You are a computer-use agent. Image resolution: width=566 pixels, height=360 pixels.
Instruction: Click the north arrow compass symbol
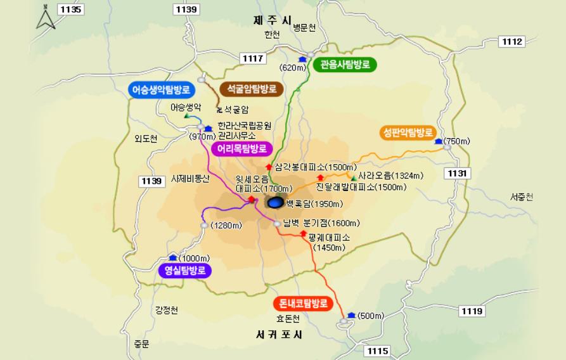click(x=46, y=17)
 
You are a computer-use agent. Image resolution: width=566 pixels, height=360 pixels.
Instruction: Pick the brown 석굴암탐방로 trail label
click(x=252, y=89)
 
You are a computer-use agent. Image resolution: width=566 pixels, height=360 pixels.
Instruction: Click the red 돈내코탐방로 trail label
click(x=304, y=303)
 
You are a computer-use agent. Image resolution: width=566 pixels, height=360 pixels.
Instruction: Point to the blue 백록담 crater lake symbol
click(x=275, y=203)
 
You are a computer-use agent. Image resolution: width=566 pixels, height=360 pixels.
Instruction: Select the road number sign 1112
click(x=512, y=41)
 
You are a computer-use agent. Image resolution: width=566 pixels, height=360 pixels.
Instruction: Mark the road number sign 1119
click(x=472, y=311)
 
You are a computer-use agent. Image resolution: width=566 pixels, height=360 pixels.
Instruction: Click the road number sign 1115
click(x=378, y=351)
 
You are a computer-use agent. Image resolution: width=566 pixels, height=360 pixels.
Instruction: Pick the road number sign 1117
click(x=253, y=58)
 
